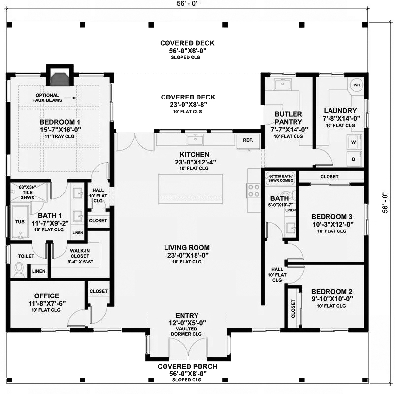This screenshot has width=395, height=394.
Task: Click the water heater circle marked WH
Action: pyautogui.click(x=356, y=85)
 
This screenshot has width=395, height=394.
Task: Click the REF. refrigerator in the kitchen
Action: pyautogui.click(x=248, y=141)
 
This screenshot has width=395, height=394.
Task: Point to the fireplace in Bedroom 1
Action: pyautogui.click(x=60, y=79)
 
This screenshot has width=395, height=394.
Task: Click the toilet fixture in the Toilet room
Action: pyautogui.click(x=19, y=269)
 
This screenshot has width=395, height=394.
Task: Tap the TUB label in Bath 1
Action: pyautogui.click(x=20, y=222)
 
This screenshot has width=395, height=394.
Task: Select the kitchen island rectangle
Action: pyautogui.click(x=190, y=189)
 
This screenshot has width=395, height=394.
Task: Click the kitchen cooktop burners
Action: pyautogui.click(x=254, y=191)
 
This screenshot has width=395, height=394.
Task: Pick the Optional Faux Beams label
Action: pyautogui.click(x=47, y=98)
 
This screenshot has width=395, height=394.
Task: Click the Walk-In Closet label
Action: pyautogui.click(x=80, y=256)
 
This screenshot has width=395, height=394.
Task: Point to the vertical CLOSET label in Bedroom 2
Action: pyautogui.click(x=293, y=309)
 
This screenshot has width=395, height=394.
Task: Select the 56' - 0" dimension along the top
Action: pyautogui.click(x=187, y=4)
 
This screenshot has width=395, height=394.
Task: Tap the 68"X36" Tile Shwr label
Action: pyautogui.click(x=28, y=192)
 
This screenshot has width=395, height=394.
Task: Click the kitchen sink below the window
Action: pyautogui.click(x=195, y=139)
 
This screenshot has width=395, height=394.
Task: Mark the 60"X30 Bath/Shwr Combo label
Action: pyautogui.click(x=281, y=178)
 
